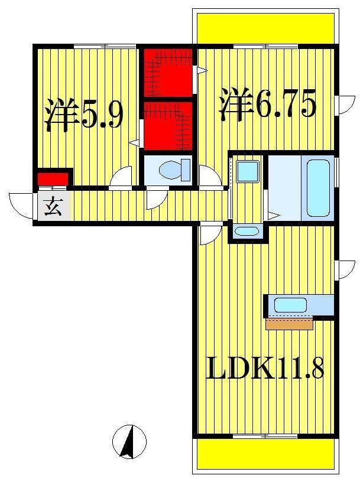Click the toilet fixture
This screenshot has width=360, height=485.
(x=175, y=170)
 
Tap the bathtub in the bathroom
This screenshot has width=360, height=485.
(x=318, y=188)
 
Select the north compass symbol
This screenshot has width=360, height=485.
(x=129, y=442)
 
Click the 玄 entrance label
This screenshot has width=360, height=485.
(x=53, y=206)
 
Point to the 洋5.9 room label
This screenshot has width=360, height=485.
(x=83, y=115)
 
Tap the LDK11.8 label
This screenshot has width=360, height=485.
(x=265, y=368)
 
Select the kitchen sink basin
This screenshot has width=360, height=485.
(x=290, y=305)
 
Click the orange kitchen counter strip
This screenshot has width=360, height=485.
(x=290, y=324)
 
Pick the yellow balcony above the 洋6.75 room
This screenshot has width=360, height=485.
(x=266, y=28)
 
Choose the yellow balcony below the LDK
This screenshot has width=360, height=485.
(x=266, y=454)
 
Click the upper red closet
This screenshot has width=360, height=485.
(x=168, y=73)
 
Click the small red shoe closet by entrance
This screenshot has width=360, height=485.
(x=53, y=179)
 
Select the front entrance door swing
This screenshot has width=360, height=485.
(x=21, y=206)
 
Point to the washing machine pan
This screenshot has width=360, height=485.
(x=247, y=171)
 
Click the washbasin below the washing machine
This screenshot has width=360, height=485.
(x=247, y=231)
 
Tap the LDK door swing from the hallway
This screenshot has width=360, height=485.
(x=211, y=233)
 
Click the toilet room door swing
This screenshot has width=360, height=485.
(x=157, y=198)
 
